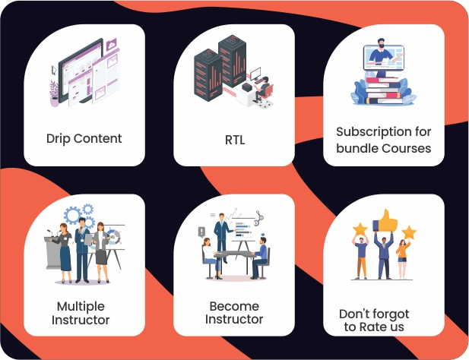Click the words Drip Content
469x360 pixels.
coord(84,139)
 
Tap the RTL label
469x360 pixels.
coord(234,140)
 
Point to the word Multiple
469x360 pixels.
coord(81,306)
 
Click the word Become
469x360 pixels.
coord(234,306)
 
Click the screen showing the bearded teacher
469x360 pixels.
coord(388,55)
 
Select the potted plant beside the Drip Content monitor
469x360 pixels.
coord(54,90)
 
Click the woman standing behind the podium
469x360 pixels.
coord(65,247)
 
